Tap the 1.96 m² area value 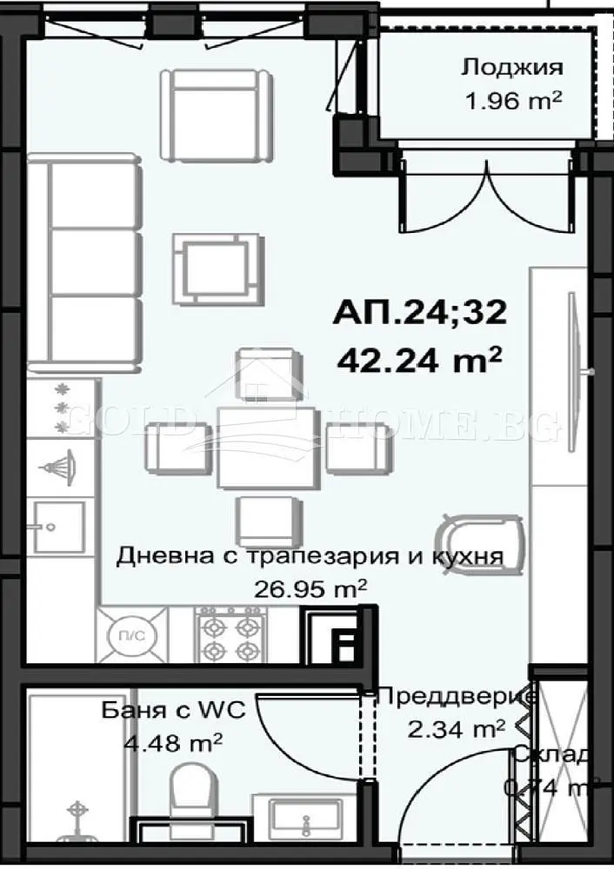[512, 100]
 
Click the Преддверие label [457, 696]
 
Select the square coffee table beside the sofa [217, 268]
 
